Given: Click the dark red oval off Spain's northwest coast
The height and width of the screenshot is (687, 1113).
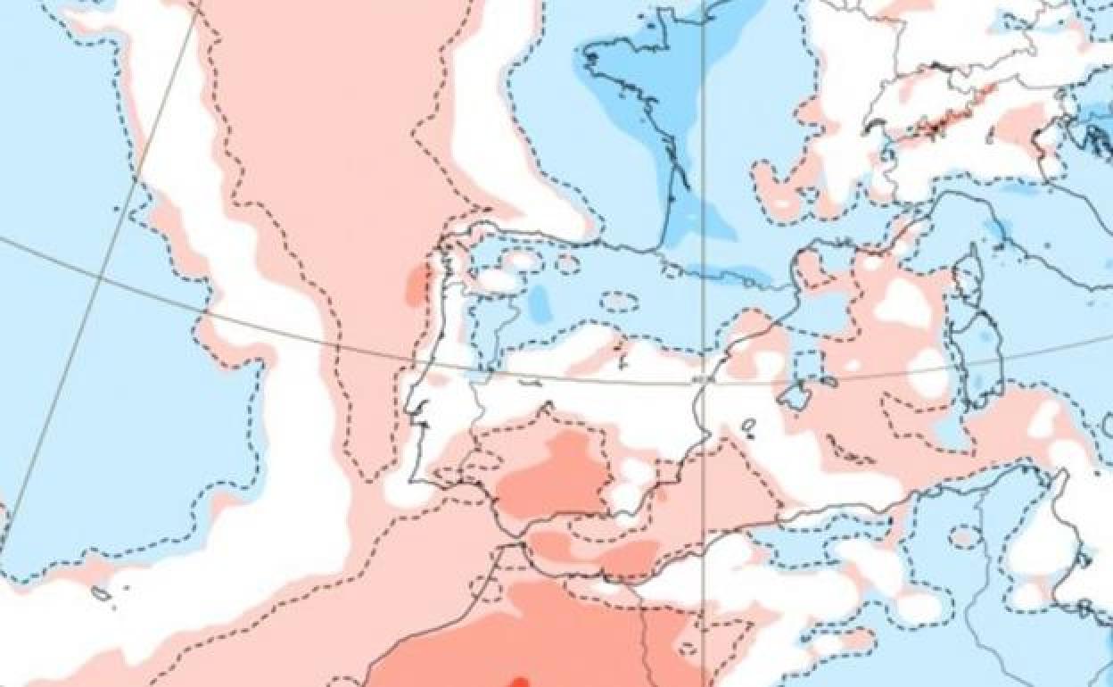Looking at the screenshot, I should tap(416, 286).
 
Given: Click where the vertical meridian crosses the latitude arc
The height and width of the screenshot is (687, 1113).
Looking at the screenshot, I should tap(704, 385).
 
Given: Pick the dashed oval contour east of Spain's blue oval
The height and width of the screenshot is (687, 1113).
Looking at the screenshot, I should tap(619, 302).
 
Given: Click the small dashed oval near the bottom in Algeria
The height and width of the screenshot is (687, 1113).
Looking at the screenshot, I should tap(964, 536).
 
